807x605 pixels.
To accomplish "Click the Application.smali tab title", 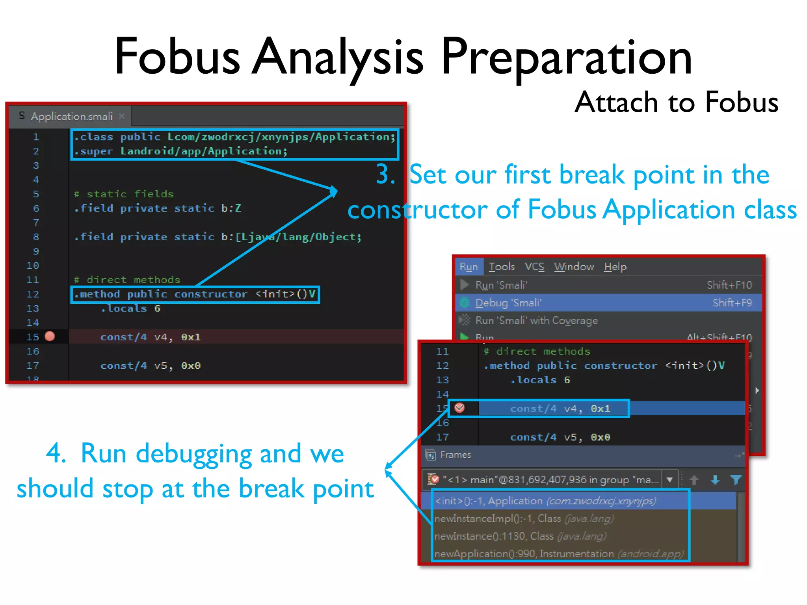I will (72, 117).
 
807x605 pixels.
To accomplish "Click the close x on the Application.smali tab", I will (122, 116).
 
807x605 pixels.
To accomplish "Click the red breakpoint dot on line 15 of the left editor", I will (50, 336).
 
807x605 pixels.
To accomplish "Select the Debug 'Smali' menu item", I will (508, 303).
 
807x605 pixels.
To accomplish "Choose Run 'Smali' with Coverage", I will (536, 321).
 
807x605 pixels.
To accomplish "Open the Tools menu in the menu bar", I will (502, 267).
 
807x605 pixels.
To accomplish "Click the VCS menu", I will (534, 267).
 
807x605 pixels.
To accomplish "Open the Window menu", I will (574, 267).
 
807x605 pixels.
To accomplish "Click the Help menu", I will (615, 267).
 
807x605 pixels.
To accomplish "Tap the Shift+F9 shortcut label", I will (732, 303).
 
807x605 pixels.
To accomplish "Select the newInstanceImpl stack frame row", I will (524, 518).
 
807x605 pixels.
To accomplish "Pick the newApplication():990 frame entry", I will (559, 554).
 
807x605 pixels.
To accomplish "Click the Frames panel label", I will (456, 455).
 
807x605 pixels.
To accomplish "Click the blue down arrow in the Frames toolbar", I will (715, 480).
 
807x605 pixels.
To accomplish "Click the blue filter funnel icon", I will (736, 480).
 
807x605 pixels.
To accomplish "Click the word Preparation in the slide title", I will (566, 57).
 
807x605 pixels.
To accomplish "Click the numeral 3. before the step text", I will (385, 174).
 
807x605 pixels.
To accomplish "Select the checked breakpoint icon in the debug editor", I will (459, 408).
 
